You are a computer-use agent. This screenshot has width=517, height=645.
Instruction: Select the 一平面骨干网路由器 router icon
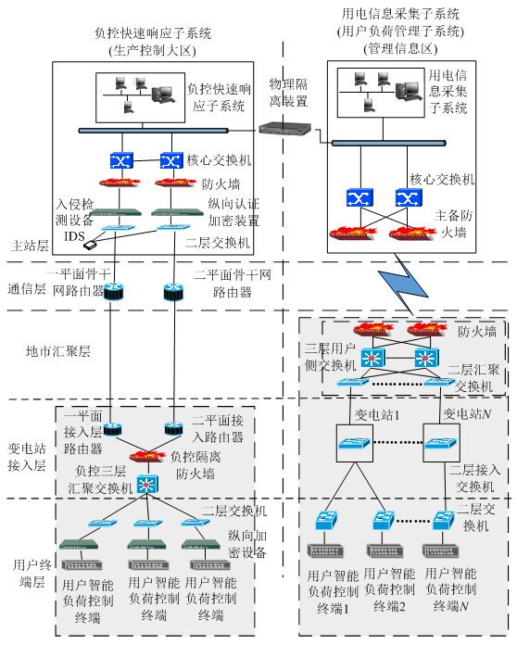tap(113, 291)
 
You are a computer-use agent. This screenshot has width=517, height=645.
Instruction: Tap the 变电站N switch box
tap(441, 443)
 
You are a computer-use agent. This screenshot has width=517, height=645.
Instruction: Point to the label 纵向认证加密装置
tap(233, 212)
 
